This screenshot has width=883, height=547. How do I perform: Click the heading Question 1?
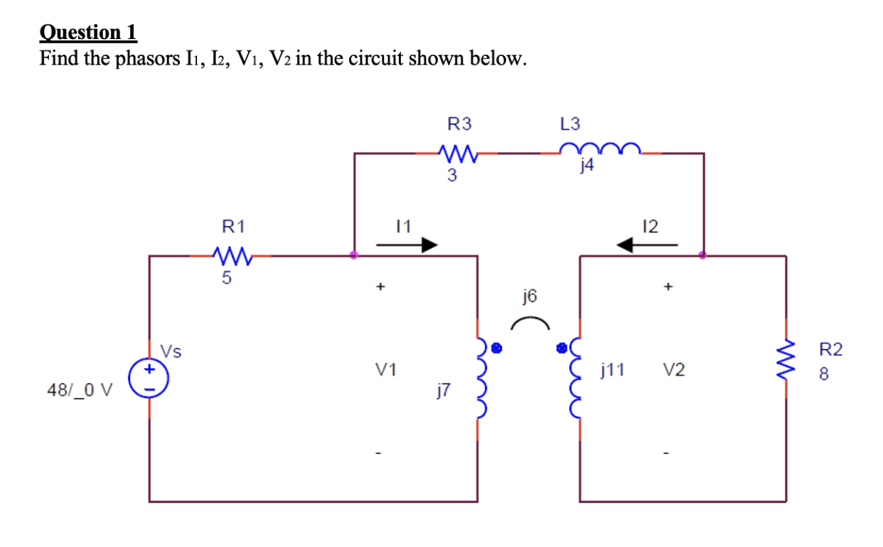coord(88,32)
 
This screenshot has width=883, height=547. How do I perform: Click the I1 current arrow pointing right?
coord(406,245)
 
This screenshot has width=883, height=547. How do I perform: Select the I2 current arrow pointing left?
coord(646,245)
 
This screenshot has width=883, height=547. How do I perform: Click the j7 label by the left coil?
coord(444,388)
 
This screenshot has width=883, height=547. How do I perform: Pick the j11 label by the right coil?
coord(612,369)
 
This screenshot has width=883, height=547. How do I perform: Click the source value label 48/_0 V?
coord(80,389)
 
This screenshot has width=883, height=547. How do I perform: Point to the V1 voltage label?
coord(386,369)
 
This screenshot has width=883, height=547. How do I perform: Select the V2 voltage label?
coord(674,369)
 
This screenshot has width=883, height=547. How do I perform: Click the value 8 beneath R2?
coord(824,374)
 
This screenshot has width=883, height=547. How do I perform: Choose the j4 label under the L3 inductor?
coord(587,168)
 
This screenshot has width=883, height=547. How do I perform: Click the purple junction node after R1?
coord(354,255)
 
